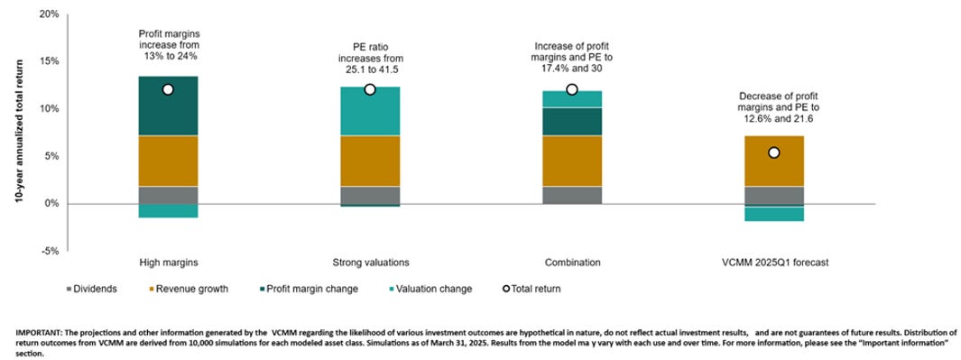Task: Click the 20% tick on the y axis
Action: (x=47, y=14)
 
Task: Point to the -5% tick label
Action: (x=48, y=251)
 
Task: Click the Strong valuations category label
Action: (x=369, y=263)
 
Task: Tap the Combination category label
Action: (x=571, y=263)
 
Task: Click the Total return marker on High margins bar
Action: (x=168, y=89)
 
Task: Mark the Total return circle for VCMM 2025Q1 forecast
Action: (x=773, y=152)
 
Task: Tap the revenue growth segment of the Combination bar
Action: (x=571, y=161)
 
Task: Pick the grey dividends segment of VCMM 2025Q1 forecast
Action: (x=773, y=195)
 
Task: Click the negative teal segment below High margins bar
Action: (x=168, y=211)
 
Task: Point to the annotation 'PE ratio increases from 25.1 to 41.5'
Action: (x=369, y=60)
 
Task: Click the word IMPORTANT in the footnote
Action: (x=39, y=334)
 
